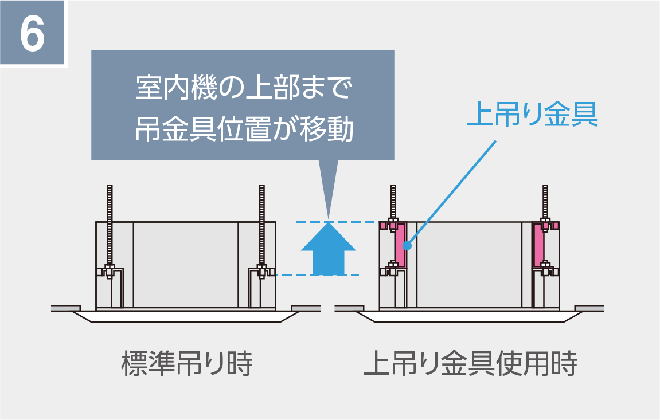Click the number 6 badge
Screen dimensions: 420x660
(33, 34)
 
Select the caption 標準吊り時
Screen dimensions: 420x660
(186, 364)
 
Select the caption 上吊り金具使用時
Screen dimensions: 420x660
(470, 364)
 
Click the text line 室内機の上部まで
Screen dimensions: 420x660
(243, 91)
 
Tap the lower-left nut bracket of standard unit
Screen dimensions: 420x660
(110, 271)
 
